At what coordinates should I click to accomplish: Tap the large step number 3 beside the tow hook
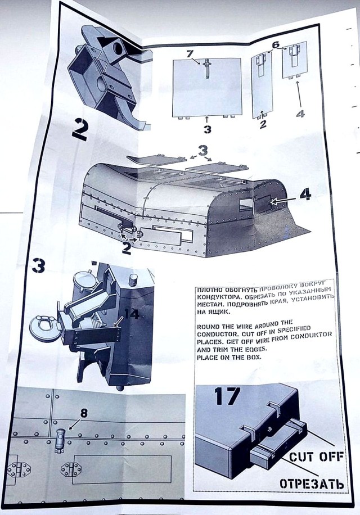(x=38, y=265)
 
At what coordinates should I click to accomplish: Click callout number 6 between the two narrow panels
(x=275, y=44)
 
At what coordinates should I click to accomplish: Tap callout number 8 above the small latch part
(x=83, y=412)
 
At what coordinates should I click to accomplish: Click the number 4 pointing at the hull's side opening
(x=304, y=195)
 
